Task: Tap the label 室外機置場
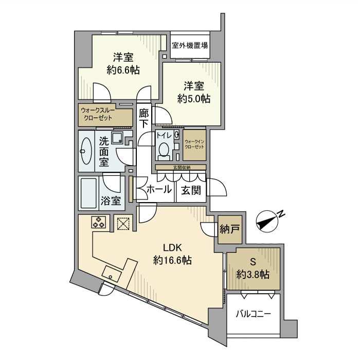(190, 45)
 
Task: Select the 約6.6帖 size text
(123, 70)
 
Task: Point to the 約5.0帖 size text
(193, 98)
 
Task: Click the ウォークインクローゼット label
(194, 144)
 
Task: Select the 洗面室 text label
(103, 150)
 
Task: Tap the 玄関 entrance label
(191, 190)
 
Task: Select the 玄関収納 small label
(181, 168)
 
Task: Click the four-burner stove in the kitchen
(99, 223)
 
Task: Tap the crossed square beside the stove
(123, 223)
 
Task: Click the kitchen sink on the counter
(112, 273)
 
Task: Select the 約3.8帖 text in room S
(253, 275)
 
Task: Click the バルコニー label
(253, 313)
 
